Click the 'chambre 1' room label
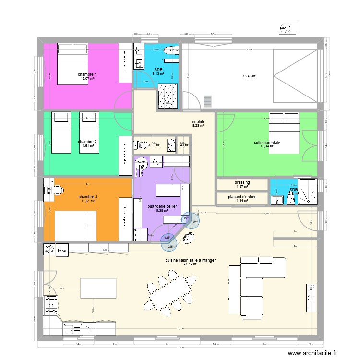tap(87, 74)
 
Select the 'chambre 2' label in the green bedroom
tap(87, 142)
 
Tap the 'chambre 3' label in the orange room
tap(87, 197)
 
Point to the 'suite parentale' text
tap(267, 143)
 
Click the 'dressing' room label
tap(242, 182)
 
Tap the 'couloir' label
tap(198, 122)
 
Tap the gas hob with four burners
tap(50, 303)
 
